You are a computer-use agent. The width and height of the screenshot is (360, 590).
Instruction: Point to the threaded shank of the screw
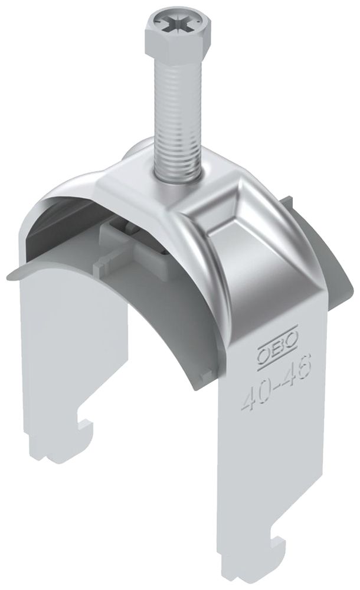click(x=172, y=118)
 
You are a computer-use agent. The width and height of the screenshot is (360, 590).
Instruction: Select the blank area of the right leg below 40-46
click(x=277, y=472)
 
